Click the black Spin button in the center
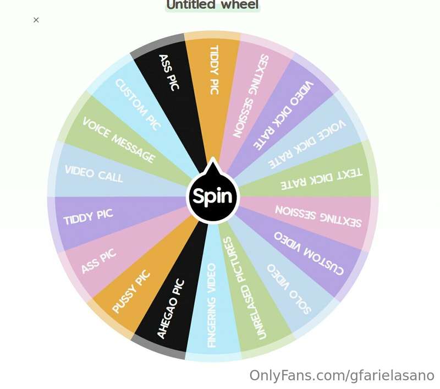click(x=213, y=196)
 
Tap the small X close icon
click(x=36, y=20)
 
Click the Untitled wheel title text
click(x=212, y=5)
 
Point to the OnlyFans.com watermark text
click(x=342, y=376)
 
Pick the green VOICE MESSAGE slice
click(x=120, y=140)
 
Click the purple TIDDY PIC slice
click(x=112, y=219)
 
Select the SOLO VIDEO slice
click(x=283, y=278)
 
